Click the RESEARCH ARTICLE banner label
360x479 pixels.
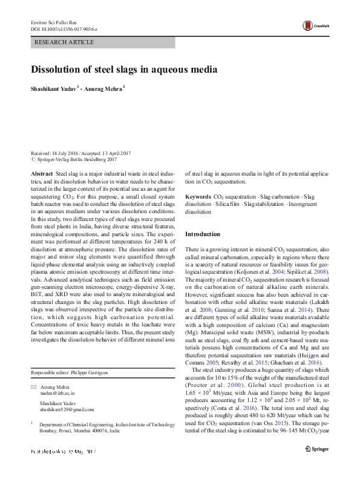(x=65, y=42)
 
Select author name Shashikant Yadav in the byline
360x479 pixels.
(x=53, y=88)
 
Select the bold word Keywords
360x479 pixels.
(x=198, y=197)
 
